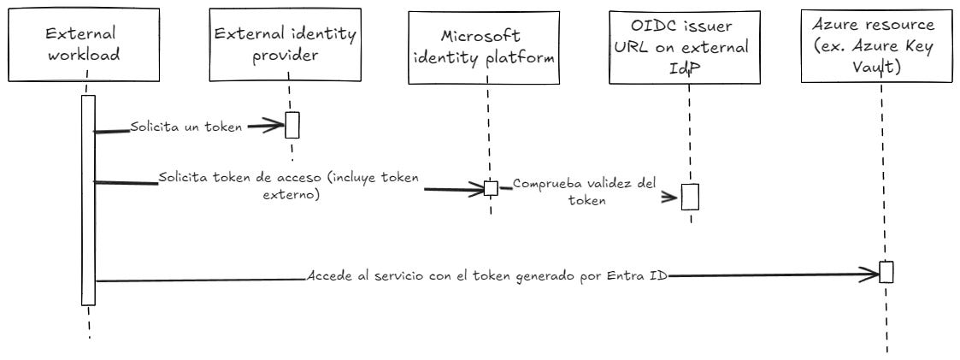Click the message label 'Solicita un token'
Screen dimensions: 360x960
186,127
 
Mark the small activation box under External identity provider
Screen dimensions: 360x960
292,125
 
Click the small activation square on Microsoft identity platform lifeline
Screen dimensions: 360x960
491,188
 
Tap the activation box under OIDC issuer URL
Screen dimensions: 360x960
690,196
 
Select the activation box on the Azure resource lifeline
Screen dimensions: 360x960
886,272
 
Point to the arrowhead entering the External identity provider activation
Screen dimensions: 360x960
274,127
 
